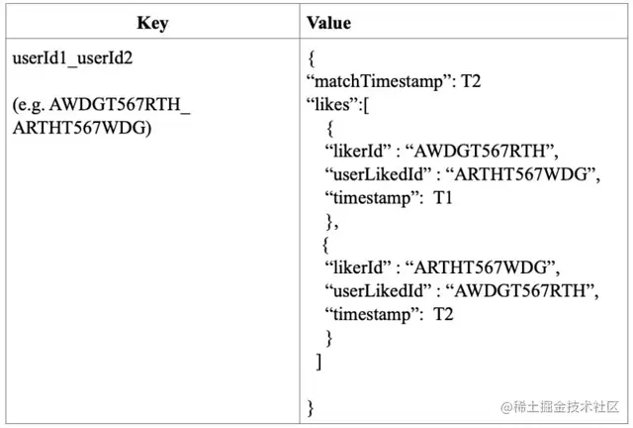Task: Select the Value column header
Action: (x=327, y=23)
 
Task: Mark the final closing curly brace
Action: (x=311, y=406)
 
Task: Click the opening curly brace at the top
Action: (x=311, y=57)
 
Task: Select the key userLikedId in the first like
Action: (x=375, y=174)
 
